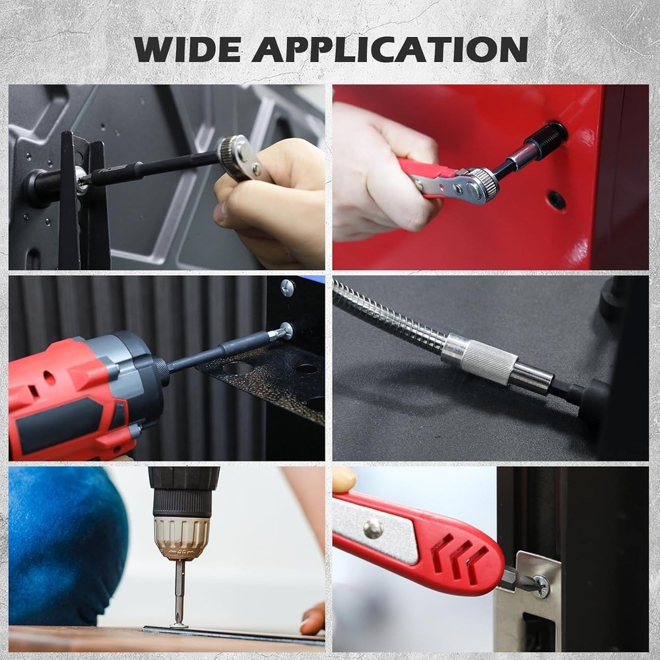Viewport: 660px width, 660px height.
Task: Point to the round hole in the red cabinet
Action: click(556, 200)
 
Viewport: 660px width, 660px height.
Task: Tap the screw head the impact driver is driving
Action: click(286, 330)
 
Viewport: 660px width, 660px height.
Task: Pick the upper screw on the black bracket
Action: click(287, 287)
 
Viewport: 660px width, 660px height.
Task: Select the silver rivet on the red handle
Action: click(373, 527)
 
